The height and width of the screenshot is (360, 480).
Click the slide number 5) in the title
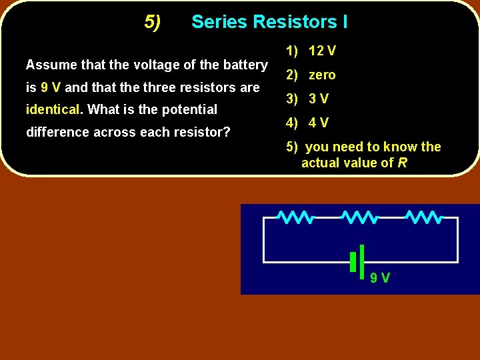(x=153, y=23)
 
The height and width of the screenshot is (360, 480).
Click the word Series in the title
(x=217, y=22)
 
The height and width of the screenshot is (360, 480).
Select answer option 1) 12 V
(x=311, y=51)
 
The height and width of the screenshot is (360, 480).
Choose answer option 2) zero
(x=311, y=75)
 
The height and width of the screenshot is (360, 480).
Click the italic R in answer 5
(x=402, y=163)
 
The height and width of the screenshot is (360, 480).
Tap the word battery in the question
(x=245, y=65)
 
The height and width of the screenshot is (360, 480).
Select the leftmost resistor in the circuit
(x=295, y=217)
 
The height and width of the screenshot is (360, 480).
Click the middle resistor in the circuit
(x=360, y=217)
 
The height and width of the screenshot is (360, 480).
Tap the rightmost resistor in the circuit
(x=424, y=217)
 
